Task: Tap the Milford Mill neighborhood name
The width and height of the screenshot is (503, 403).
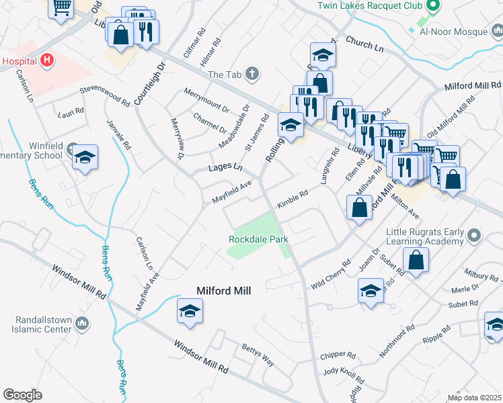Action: [x=223, y=291]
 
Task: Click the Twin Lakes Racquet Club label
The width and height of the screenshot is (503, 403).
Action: [x=369, y=6]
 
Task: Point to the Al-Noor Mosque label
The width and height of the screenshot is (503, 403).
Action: [x=453, y=32]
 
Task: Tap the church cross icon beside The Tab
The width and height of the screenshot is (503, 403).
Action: [x=252, y=74]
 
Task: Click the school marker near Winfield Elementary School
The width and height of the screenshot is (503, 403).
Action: [x=85, y=157]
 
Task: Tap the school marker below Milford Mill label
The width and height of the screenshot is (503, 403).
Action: [x=190, y=311]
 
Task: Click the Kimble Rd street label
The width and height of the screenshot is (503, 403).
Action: [x=293, y=199]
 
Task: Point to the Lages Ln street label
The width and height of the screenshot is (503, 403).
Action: [x=225, y=167]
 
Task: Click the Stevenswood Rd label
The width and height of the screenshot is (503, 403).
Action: [x=104, y=96]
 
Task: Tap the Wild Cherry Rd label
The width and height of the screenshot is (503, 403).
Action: [x=331, y=275]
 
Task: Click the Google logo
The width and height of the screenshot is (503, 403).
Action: [x=22, y=395]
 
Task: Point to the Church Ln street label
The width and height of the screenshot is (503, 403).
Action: [x=364, y=45]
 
